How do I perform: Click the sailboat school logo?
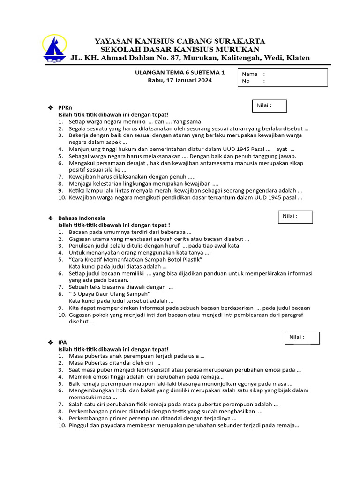click(x=55, y=49)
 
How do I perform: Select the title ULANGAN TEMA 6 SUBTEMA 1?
click(x=180, y=73)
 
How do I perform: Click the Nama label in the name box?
click(x=250, y=74)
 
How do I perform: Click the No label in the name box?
click(x=246, y=81)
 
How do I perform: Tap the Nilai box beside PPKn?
click(x=270, y=106)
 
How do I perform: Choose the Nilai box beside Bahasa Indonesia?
click(x=295, y=217)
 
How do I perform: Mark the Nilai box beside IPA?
click(x=302, y=337)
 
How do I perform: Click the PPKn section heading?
click(x=65, y=108)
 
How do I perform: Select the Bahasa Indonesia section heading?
click(x=82, y=218)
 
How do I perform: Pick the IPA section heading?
click(x=62, y=342)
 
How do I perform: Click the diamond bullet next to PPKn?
click(x=51, y=108)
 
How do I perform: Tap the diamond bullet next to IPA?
click(x=51, y=342)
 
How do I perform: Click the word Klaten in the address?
click(x=296, y=58)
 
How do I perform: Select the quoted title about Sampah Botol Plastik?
click(x=135, y=259)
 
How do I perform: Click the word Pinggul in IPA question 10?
click(x=78, y=426)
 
